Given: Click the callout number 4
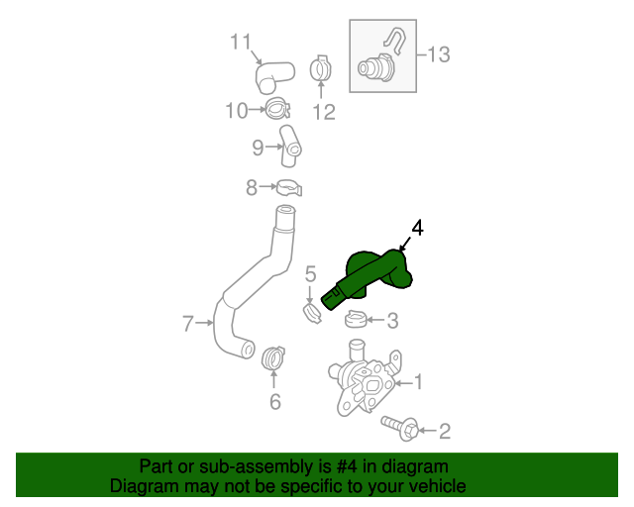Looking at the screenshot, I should tap(417, 229).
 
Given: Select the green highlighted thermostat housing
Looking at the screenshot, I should tap(374, 274).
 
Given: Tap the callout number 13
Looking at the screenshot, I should tap(438, 54).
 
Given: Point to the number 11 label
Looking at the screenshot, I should tap(242, 42).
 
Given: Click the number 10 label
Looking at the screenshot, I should tap(236, 110).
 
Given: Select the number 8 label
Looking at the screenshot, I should tap(252, 186).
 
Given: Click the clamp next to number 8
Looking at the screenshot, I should tap(288, 186).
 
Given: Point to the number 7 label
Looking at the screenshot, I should tap(188, 322).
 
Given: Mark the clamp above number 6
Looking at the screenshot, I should tap(272, 356).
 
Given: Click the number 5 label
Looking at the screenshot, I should tap(310, 273).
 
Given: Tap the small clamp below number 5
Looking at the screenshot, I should tap(313, 314).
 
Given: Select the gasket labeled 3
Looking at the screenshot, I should tap(356, 319).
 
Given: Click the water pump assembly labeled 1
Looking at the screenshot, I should tap(366, 381).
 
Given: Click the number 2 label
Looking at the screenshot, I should tap(444, 431).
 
